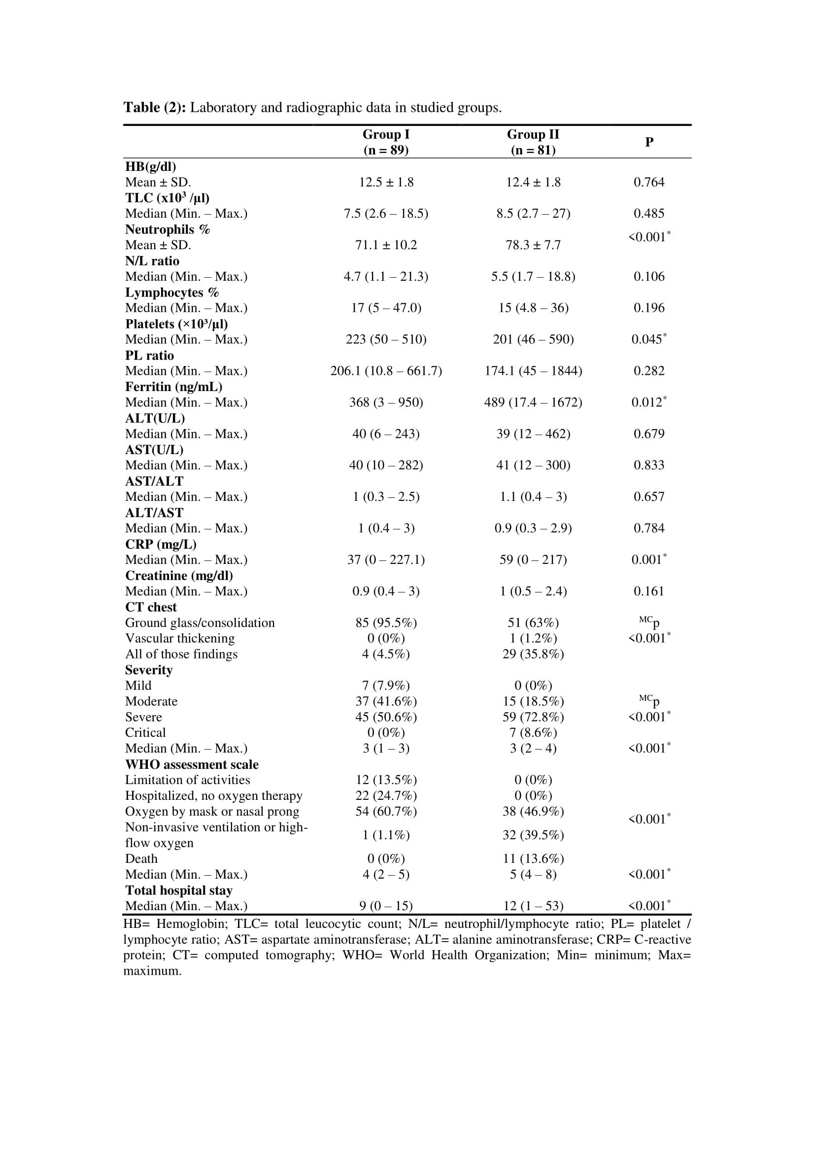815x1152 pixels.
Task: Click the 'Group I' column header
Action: pyautogui.click(x=386, y=134)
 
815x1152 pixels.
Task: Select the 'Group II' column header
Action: pyautogui.click(x=533, y=134)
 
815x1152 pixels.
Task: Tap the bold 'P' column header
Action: pyautogui.click(x=649, y=142)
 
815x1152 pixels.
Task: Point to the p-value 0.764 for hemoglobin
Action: pyautogui.click(x=649, y=182)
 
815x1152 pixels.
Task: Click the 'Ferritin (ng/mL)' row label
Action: pyautogui.click(x=173, y=387)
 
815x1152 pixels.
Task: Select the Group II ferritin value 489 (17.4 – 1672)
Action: pyautogui.click(x=533, y=402)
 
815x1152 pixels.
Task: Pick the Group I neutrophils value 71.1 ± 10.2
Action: pyautogui.click(x=386, y=245)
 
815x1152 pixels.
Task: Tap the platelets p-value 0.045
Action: pyautogui.click(x=648, y=340)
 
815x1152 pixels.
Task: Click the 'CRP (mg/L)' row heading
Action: pyautogui.click(x=161, y=544)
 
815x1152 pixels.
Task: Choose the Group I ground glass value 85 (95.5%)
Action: pyautogui.click(x=386, y=623)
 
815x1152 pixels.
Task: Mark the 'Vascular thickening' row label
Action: pyautogui.click(x=180, y=638)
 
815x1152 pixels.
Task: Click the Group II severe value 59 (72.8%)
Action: pyautogui.click(x=533, y=717)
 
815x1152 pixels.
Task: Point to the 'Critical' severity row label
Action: pyautogui.click(x=145, y=732)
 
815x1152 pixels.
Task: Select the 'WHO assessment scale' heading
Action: pyautogui.click(x=192, y=764)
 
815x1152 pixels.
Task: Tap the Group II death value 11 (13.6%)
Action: pyautogui.click(x=533, y=858)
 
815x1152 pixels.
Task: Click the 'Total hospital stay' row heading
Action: pyautogui.click(x=179, y=890)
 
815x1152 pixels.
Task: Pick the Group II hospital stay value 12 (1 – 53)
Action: pyautogui.click(x=533, y=906)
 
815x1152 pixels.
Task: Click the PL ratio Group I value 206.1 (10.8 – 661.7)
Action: pyautogui.click(x=386, y=371)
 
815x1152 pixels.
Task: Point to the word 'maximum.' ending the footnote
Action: pyautogui.click(x=153, y=970)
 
